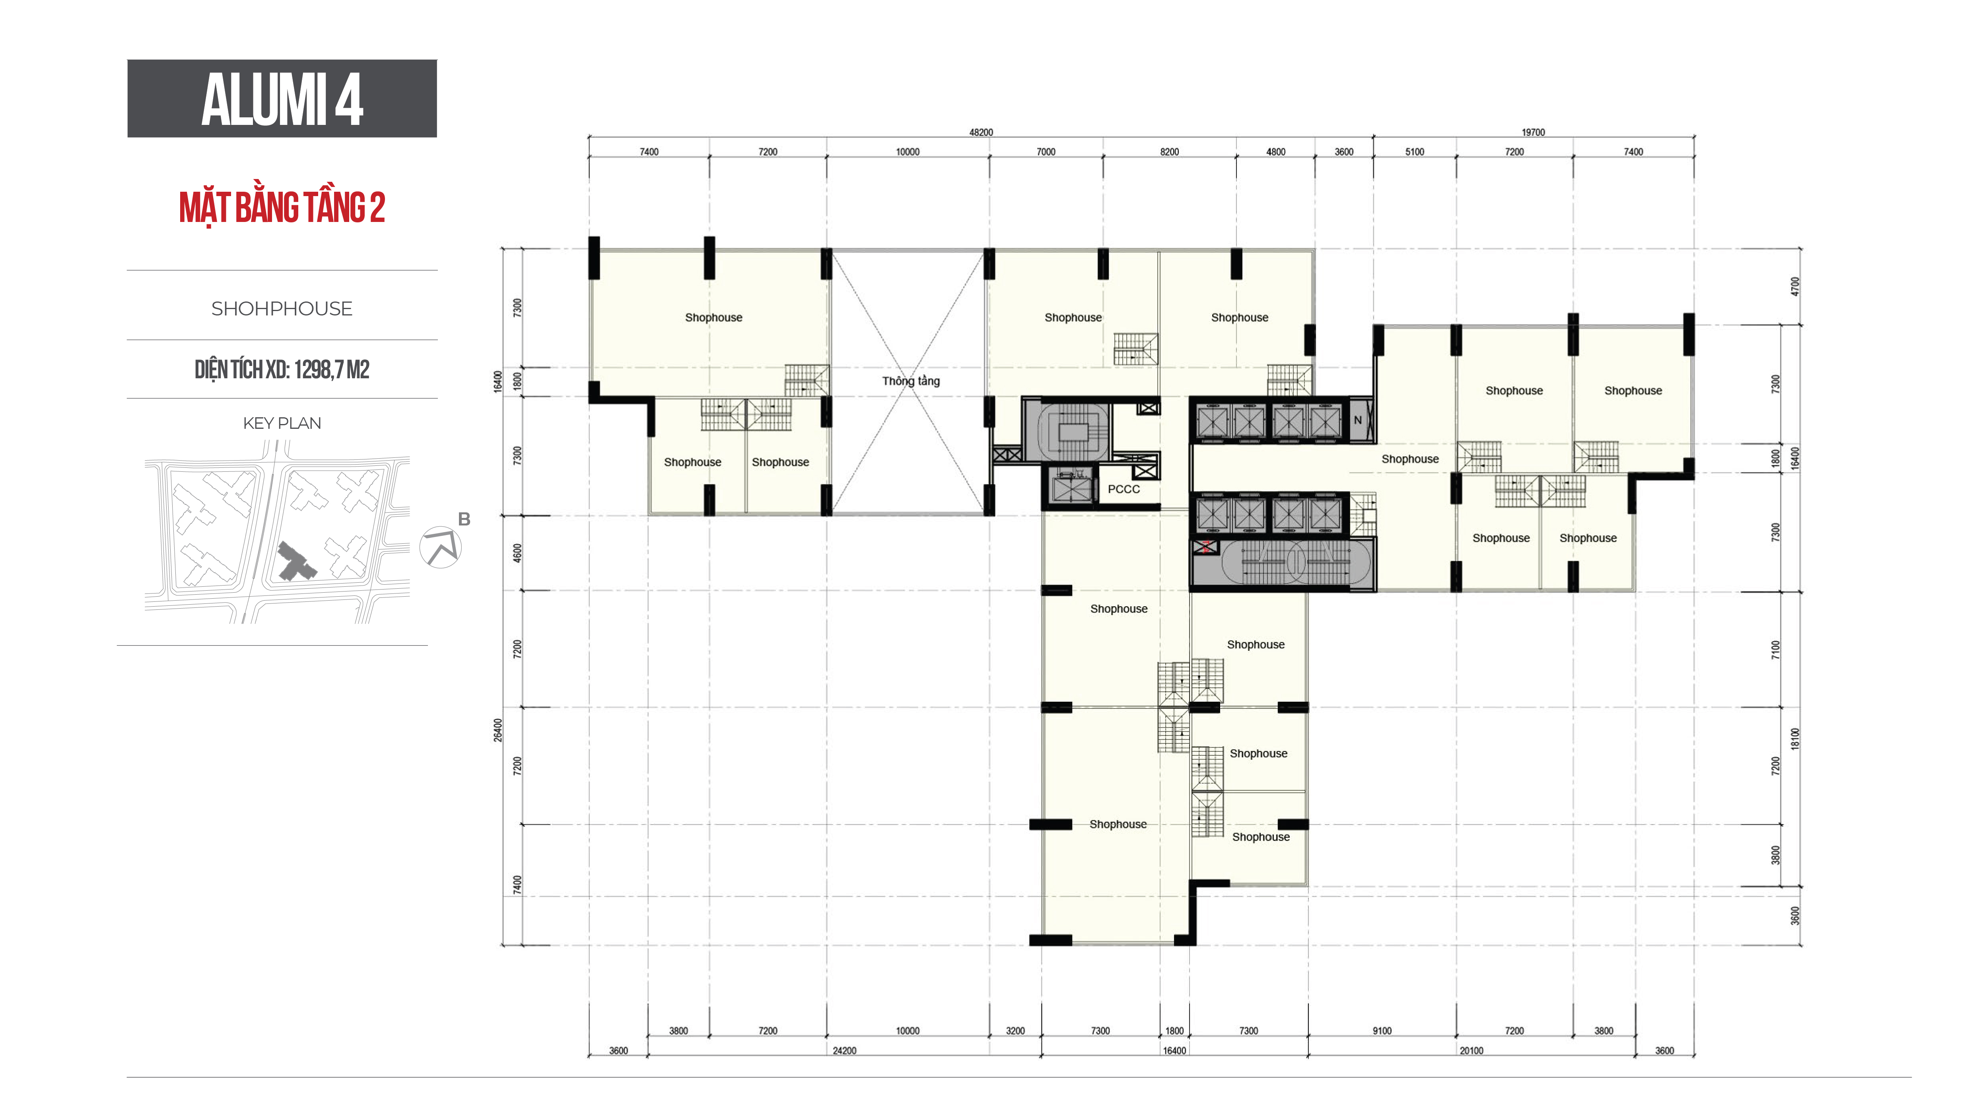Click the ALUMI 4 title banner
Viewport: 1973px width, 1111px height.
[282, 99]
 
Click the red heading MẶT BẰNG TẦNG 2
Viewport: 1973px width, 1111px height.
[282, 208]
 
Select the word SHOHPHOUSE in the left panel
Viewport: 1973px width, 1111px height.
[282, 309]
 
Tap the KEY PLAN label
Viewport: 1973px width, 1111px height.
[282, 424]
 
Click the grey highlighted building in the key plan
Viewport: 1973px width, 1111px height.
[295, 562]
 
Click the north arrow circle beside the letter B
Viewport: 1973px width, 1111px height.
[440, 547]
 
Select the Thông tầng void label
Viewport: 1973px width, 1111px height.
[911, 381]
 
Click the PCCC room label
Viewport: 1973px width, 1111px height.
[1124, 489]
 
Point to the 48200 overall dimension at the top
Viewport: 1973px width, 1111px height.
[981, 132]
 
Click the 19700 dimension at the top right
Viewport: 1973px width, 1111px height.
[1534, 132]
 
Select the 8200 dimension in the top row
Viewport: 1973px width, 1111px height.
[1170, 152]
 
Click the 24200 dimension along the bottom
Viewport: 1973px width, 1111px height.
[845, 1051]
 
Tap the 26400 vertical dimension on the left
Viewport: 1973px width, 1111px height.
[498, 730]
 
